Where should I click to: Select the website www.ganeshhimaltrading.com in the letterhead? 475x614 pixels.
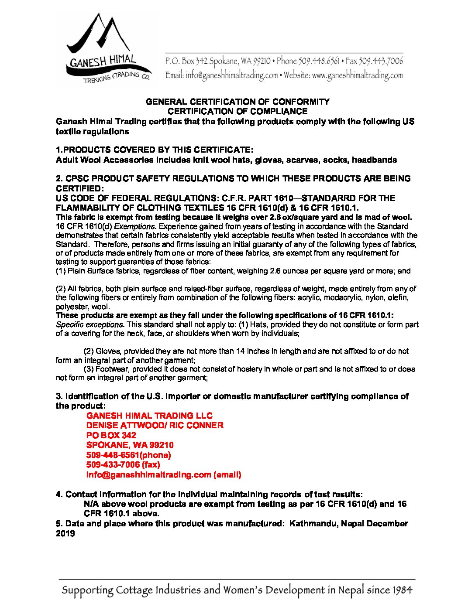point(358,75)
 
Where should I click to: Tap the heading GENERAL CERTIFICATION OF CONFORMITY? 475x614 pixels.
point(237,102)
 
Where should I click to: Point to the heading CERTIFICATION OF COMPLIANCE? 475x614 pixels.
point(237,112)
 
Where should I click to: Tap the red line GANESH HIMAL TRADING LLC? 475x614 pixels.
point(149,416)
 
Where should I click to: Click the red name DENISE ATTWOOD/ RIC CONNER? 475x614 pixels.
point(155,425)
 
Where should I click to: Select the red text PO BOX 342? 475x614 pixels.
point(111,435)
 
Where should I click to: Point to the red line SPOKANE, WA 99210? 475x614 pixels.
point(130,445)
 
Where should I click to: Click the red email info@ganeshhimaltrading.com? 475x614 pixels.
point(148,474)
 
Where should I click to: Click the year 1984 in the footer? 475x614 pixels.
point(402,590)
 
